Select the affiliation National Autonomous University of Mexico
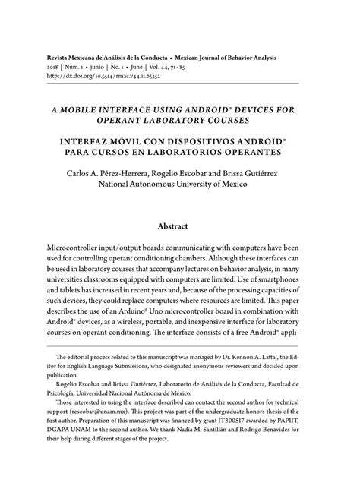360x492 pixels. coord(179,184)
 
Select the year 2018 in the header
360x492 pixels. coord(54,67)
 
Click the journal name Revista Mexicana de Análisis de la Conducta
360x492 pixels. coord(112,57)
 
